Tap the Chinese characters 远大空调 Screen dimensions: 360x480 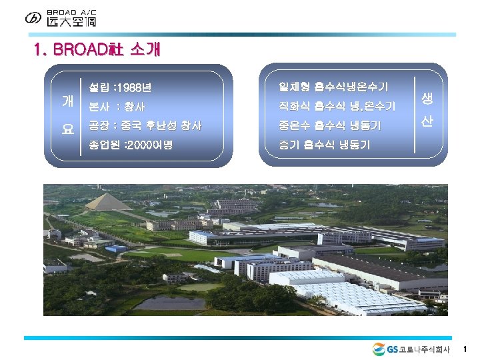[71, 22]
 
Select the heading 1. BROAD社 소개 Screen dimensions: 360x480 [96, 50]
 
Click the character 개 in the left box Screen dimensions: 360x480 [68, 101]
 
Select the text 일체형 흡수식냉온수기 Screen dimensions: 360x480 [334, 87]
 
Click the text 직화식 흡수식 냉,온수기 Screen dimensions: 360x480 [337, 106]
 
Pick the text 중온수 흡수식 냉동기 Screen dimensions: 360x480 [330, 125]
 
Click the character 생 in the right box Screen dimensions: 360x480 [427, 99]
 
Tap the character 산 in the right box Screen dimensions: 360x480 [427, 123]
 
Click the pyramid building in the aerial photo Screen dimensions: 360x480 [108, 201]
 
